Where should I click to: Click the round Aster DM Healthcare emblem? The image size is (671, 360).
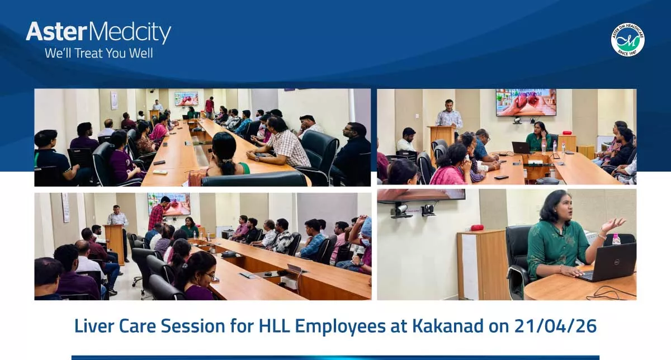pos(627,39)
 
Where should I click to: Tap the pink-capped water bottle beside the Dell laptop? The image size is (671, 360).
pos(616,239)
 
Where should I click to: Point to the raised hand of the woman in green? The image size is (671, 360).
pos(612,225)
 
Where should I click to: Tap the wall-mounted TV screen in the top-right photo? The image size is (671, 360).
pos(526,102)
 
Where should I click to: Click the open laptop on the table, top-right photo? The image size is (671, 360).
pos(521,148)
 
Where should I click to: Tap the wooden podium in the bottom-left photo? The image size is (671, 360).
pos(115,243)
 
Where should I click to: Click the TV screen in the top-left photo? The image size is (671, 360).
pos(186,99)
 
